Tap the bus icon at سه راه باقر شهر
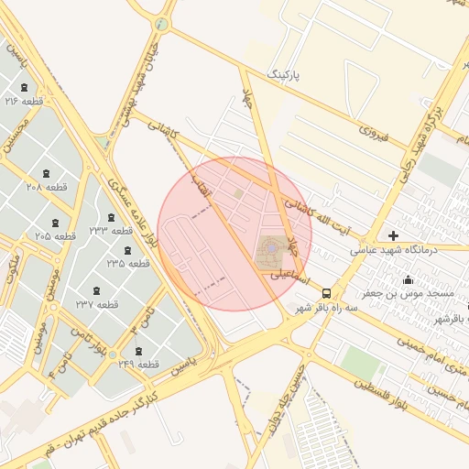[x=327, y=293]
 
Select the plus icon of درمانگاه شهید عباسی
[x=394, y=235]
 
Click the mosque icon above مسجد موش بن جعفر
[x=408, y=280]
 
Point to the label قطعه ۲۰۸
[x=47, y=187]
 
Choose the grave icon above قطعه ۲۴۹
[x=138, y=351]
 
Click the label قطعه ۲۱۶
[x=24, y=101]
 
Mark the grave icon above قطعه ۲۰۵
[x=56, y=223]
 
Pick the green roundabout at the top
[x=161, y=25]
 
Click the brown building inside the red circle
[x=270, y=248]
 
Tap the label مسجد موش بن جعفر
[x=408, y=293]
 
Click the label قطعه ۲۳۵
[x=127, y=263]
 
